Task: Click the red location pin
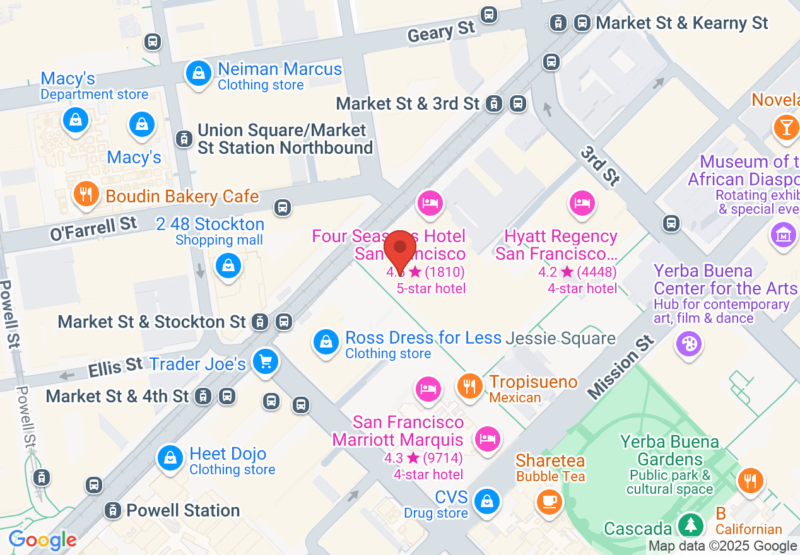coord(400,248)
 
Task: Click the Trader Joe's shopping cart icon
coord(265,362)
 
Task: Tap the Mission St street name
coord(621,367)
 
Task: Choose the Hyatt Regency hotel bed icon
coord(581,203)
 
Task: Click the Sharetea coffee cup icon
coord(549,501)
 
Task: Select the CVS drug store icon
coord(486,501)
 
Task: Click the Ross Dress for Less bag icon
coord(326,342)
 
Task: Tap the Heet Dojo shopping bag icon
coord(170,459)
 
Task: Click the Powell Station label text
coord(183,510)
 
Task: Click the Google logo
coord(43,540)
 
